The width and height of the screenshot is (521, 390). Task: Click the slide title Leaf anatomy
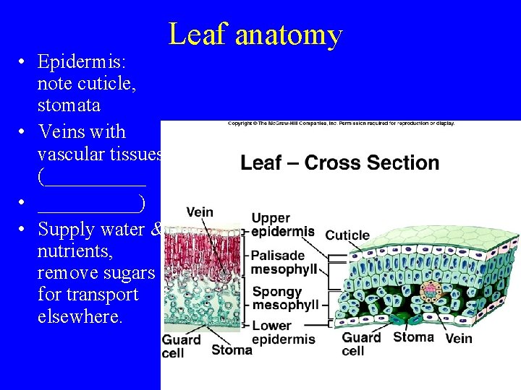255,34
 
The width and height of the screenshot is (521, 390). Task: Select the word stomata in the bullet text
69,105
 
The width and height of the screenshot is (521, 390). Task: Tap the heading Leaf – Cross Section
339,162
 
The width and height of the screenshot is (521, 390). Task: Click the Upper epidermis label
283,225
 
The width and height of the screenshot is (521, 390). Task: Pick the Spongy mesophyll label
284,298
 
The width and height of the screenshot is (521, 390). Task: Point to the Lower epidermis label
283,332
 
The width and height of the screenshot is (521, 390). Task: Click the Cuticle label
347,235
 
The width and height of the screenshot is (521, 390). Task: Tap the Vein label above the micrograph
200,212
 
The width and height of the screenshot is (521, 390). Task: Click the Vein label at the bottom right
459,338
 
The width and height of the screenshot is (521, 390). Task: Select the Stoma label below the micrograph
232,350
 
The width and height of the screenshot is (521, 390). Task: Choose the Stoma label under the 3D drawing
413,337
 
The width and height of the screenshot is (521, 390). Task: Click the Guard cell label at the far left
181,346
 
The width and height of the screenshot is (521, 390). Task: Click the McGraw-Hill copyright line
341,123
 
